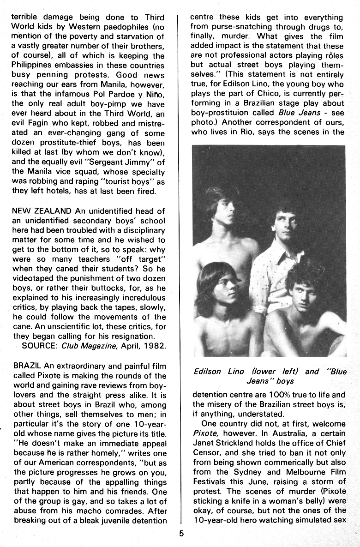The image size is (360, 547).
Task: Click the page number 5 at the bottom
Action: pos(181,534)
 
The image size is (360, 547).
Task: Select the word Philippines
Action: pos(34,66)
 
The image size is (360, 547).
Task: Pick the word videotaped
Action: pos(35,278)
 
